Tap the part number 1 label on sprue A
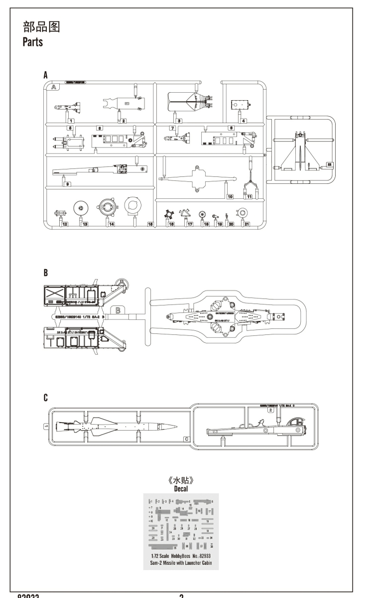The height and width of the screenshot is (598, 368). coord(71,121)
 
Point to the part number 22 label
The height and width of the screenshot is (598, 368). coord(329,163)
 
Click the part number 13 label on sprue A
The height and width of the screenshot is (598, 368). coord(85,225)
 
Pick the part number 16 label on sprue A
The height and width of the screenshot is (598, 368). coord(171,225)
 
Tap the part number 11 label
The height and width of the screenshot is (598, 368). coord(248,197)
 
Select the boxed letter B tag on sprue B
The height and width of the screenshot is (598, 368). coord(119,310)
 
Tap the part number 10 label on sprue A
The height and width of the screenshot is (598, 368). coord(230,197)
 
